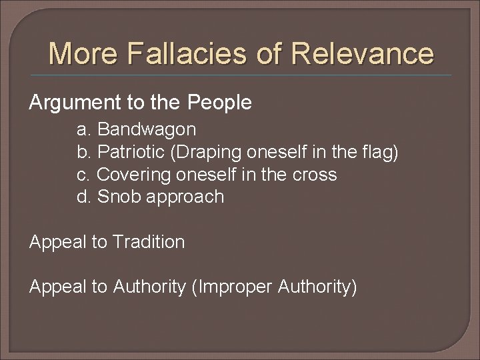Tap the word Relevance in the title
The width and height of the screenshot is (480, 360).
[367, 53]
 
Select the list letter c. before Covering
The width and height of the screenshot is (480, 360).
[85, 175]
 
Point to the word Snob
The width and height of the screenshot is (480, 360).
[118, 197]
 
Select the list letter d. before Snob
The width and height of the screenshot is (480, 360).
[85, 197]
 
